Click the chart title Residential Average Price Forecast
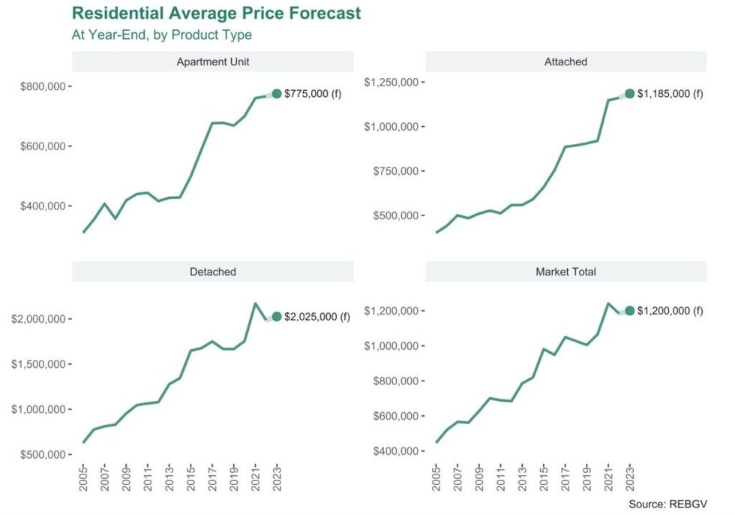pos(216,14)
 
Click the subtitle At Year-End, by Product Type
pos(161,35)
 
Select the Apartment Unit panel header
pos(212,62)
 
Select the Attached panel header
pos(565,62)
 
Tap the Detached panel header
pos(212,272)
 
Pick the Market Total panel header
pos(565,272)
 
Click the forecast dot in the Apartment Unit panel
pos(277,94)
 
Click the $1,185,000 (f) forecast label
pos(670,94)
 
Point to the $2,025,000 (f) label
pos(317,317)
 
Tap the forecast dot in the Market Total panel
pos(629,311)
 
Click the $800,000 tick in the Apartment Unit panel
pos(41,86)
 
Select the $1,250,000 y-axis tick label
pos(391,82)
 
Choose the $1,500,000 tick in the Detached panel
pos(38,364)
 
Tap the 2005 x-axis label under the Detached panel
pos(83,477)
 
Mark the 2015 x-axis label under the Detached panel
pos(191,477)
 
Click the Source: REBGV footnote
pos(667,504)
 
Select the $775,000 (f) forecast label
pos(313,94)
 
